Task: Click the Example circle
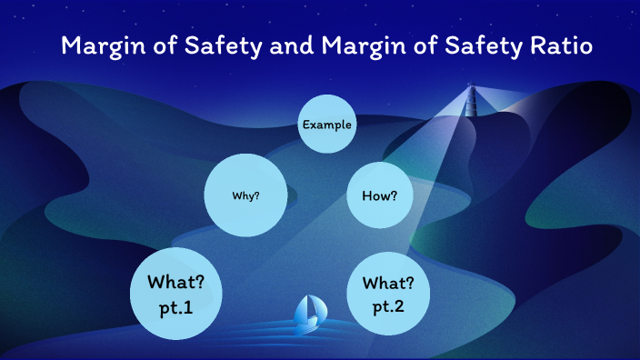click(x=327, y=124)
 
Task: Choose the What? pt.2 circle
click(x=389, y=294)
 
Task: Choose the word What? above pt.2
click(x=389, y=282)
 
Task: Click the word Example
click(x=327, y=124)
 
